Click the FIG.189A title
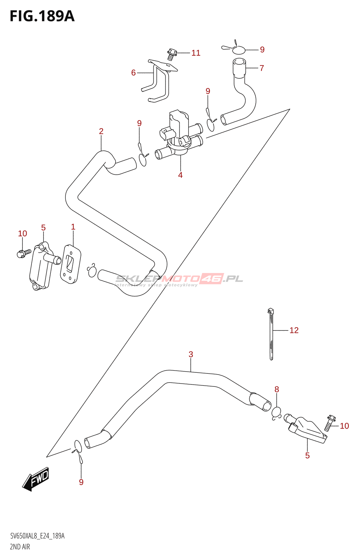(x=42, y=16)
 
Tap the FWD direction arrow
(x=36, y=479)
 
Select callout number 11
(x=196, y=53)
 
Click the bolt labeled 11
(x=171, y=55)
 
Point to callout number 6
(x=133, y=72)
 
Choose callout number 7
(x=262, y=68)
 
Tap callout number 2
(x=101, y=131)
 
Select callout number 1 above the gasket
(x=73, y=227)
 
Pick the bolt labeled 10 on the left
(x=24, y=252)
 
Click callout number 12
(x=294, y=330)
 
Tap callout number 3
(x=191, y=354)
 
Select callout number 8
(x=277, y=389)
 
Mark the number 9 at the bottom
(x=81, y=482)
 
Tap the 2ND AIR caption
(x=20, y=547)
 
